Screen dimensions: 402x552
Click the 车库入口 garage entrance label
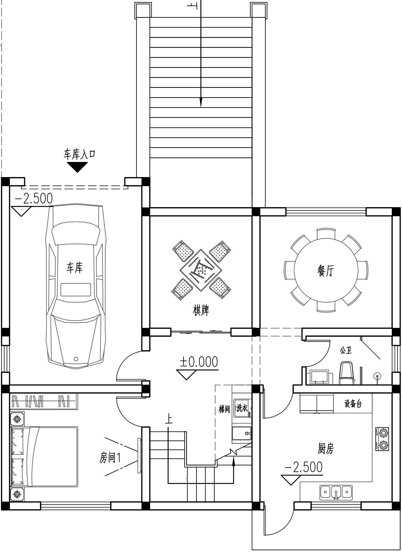(x=79, y=154)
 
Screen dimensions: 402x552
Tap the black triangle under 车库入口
(x=77, y=167)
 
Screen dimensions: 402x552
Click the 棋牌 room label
(x=201, y=311)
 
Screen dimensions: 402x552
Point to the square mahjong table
(x=201, y=270)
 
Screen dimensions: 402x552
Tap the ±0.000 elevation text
(x=199, y=362)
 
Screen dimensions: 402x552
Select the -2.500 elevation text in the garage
(x=34, y=199)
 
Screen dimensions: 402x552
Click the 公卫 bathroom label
(x=346, y=350)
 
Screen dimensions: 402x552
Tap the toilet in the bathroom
(x=347, y=373)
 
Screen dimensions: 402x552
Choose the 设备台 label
(x=353, y=404)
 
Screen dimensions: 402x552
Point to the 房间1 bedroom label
(x=110, y=458)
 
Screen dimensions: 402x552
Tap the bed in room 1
(x=44, y=457)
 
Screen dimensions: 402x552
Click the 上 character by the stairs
(x=169, y=419)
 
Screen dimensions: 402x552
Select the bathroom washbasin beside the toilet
(x=319, y=377)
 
